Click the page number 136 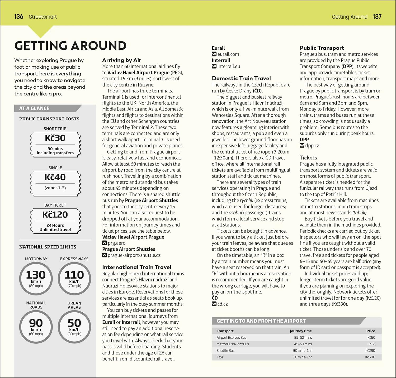[19, 17]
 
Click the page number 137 [377, 17]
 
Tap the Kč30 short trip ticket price [55, 138]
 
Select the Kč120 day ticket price [55, 215]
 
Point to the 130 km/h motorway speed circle [36, 279]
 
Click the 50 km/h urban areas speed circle [74, 327]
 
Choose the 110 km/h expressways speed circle [74, 279]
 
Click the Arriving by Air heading [121, 60]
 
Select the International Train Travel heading [136, 267]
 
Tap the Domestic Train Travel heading [241, 78]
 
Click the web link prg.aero [116, 243]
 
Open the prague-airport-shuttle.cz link [134, 255]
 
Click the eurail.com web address [228, 54]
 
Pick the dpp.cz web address [312, 146]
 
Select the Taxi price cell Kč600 [370, 357]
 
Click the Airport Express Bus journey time [303, 338]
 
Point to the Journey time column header [301, 331]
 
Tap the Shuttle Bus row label [225, 351]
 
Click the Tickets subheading [308, 158]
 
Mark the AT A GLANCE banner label [34, 108]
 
